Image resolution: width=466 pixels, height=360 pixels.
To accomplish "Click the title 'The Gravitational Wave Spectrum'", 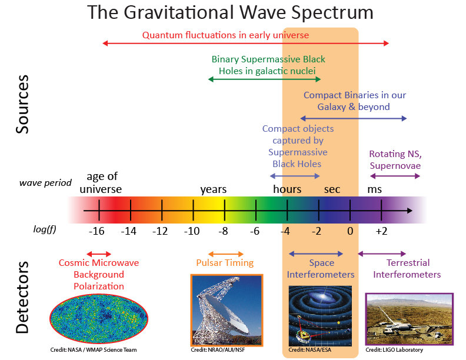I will click(230, 12).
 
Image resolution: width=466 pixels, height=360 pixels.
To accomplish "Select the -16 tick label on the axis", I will click(97, 231).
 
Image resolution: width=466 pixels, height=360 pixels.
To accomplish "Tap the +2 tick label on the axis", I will click(381, 231).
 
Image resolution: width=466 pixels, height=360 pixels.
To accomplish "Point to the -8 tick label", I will click(224, 231).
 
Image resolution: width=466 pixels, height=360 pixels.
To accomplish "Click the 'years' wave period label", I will click(213, 189).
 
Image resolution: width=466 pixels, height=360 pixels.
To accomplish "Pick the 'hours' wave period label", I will click(287, 189).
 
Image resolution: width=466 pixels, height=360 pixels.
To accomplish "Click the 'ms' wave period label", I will click(374, 189).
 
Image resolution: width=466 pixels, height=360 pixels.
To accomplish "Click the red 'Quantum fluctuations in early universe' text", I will click(225, 35).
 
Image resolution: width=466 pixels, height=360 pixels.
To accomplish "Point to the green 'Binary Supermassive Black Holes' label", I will click(268, 65).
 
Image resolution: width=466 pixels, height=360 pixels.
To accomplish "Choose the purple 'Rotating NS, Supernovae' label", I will click(395, 159).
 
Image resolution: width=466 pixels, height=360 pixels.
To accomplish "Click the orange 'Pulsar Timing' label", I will click(225, 263).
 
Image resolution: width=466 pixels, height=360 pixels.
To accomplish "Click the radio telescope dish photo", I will click(227, 310).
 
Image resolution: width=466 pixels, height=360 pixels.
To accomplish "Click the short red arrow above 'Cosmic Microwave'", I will click(98, 252).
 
